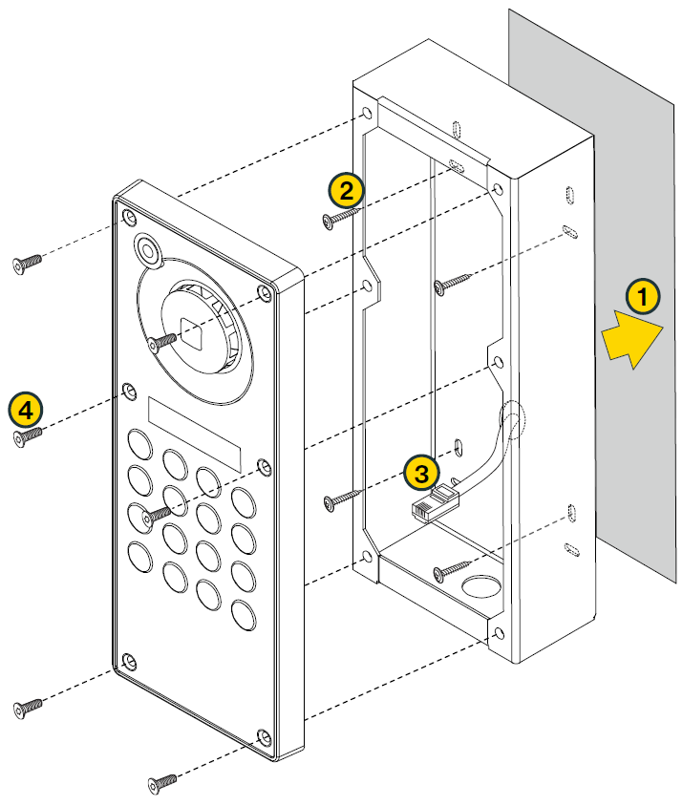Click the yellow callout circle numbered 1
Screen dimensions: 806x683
[x=643, y=298]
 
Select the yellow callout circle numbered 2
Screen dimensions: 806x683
[x=346, y=189]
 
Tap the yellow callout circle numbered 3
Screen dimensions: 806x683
[x=421, y=471]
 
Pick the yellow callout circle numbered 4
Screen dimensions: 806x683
[x=26, y=410]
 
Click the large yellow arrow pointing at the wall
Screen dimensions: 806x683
[x=632, y=342]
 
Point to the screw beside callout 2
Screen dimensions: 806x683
[x=339, y=219]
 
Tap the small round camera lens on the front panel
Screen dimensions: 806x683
[x=148, y=250]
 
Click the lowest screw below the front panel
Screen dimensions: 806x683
[x=162, y=782]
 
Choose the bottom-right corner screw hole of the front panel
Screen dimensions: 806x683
[x=265, y=737]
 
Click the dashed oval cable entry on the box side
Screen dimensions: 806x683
[x=514, y=420]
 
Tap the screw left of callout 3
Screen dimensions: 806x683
[x=340, y=498]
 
